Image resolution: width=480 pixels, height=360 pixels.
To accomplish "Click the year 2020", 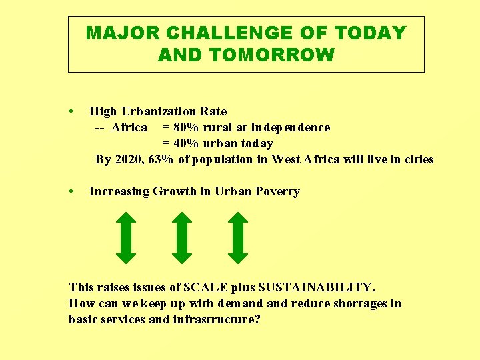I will click(128, 159).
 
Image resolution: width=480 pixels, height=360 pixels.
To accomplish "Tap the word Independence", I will click(290, 127).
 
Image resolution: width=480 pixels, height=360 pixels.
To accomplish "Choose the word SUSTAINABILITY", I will click(316, 287).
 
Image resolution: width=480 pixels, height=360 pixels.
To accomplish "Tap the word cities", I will click(418, 159).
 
